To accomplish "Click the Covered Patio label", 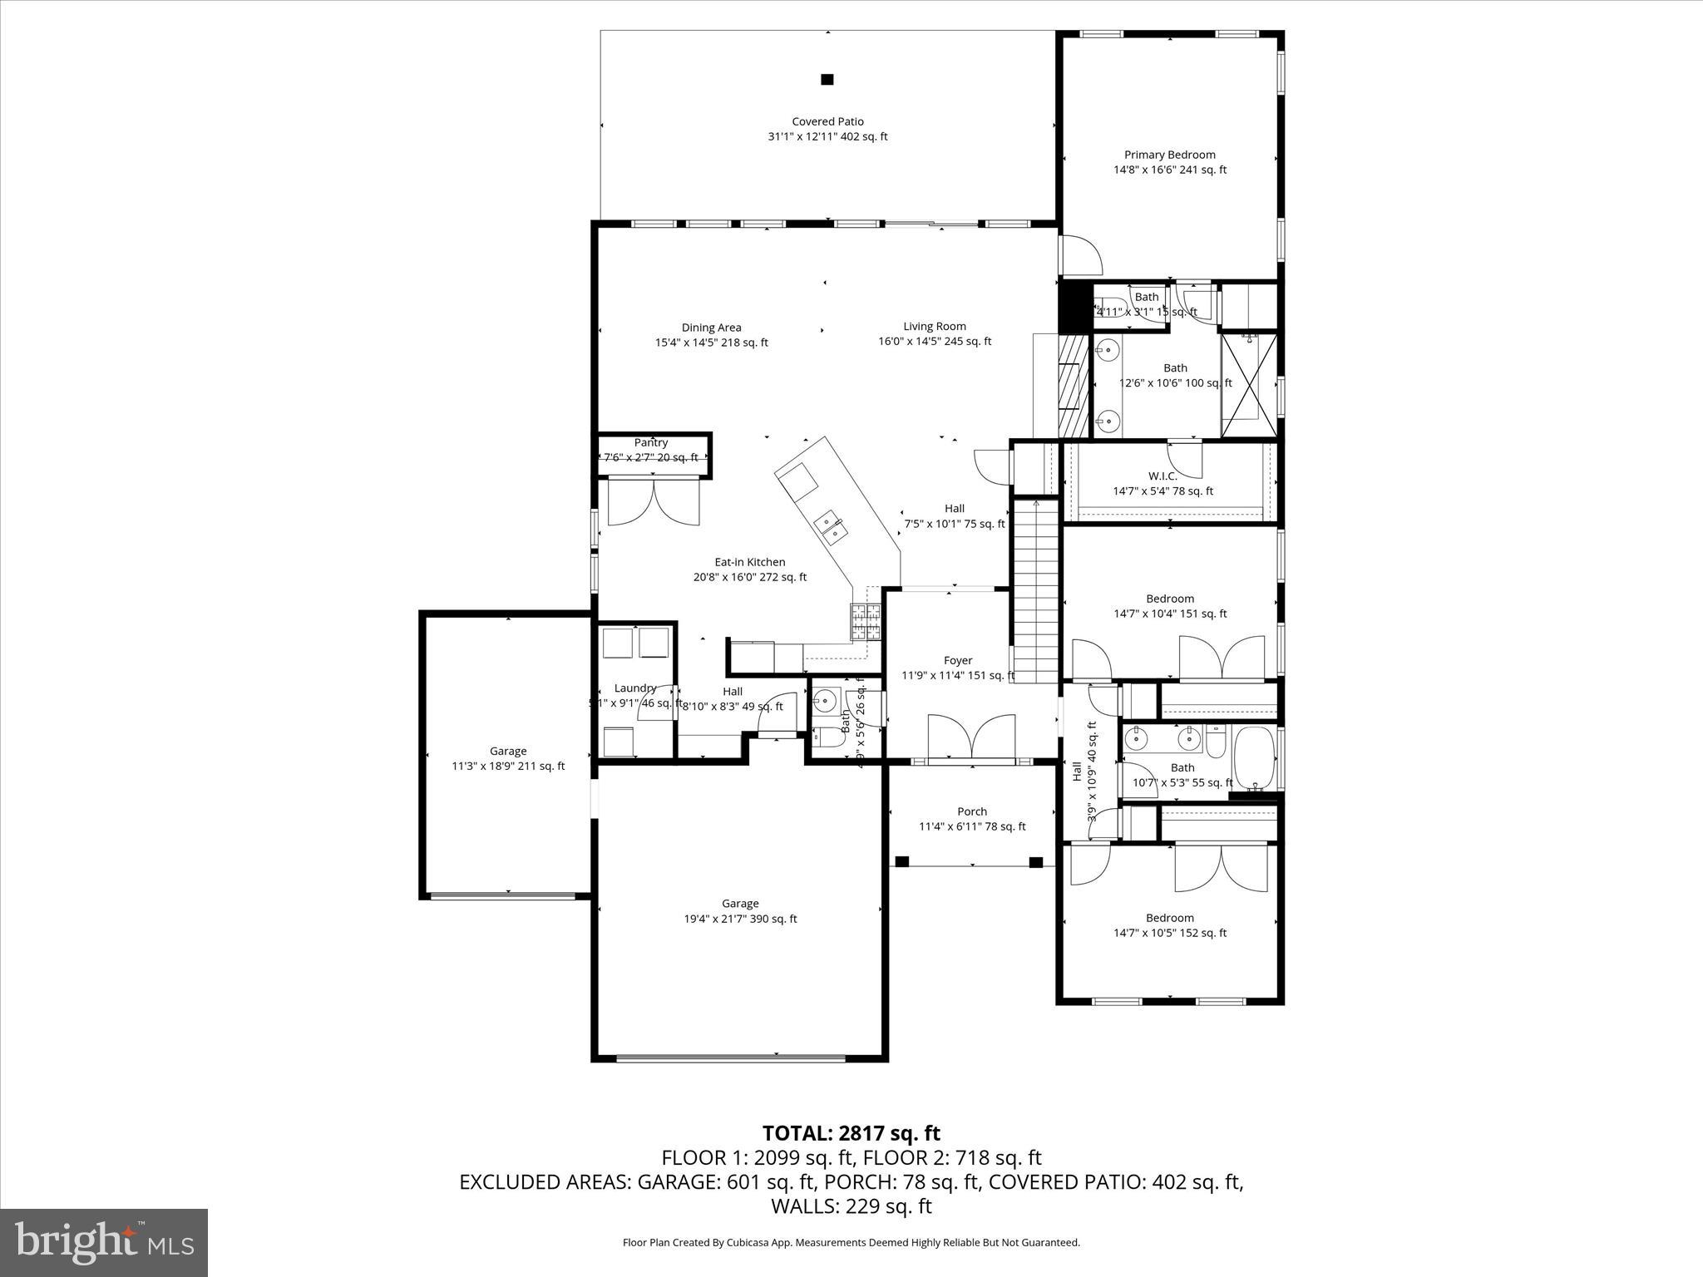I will pos(827,121).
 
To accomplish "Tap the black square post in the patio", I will pos(827,80).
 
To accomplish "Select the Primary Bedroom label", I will pos(1169,155).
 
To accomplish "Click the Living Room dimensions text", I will pos(935,342).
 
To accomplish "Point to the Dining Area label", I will pos(711,328).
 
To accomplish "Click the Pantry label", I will pos(651,443).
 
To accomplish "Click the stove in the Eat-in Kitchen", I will pos(865,623).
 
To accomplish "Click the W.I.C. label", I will pos(1162,476).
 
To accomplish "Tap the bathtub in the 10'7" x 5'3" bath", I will pos(1255,758).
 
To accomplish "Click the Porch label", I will pos(971,811).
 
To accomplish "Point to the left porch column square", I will pos(901,862).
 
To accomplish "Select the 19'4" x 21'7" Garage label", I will pos(740,904).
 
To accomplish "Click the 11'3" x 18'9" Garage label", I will pos(507,752).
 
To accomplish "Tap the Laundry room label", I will pos(635,688).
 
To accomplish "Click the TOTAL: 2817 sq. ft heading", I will pos(851,1133).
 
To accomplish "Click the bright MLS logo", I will pos(104,1242).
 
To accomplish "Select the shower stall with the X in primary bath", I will pos(1247,384).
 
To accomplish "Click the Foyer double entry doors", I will pos(970,738).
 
